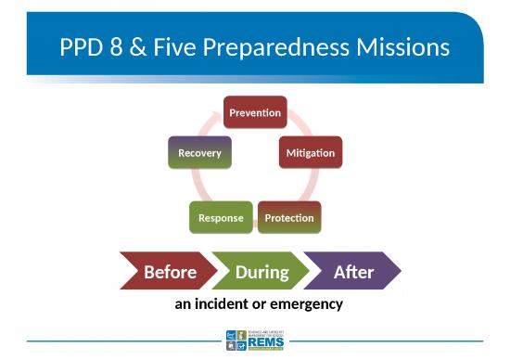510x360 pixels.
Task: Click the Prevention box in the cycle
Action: [x=255, y=112]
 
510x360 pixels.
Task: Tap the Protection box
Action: [x=289, y=218]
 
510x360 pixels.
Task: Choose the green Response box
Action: [x=221, y=218]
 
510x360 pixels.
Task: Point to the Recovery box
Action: [x=199, y=152]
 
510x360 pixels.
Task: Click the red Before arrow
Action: [x=167, y=271]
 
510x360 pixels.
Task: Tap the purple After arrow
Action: [x=353, y=271]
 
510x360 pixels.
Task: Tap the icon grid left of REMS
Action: [x=236, y=341]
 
